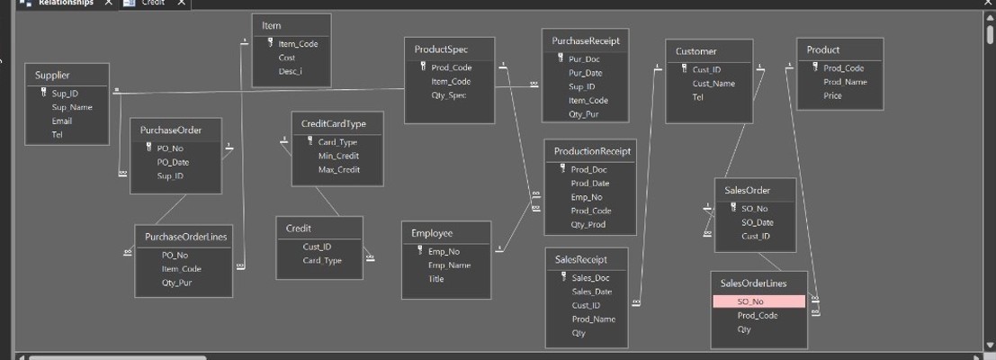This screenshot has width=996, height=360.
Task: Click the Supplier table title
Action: tap(52, 75)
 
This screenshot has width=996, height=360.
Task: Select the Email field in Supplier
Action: tap(62, 121)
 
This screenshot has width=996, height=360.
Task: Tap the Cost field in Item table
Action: tap(286, 58)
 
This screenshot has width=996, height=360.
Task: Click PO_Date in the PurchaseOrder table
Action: tap(173, 162)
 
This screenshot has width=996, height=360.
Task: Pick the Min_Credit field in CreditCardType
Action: tap(338, 156)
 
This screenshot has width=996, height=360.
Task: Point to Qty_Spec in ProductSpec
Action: tap(449, 95)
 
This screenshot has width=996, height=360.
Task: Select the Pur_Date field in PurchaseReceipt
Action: tap(586, 73)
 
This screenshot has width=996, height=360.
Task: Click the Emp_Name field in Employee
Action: tap(449, 265)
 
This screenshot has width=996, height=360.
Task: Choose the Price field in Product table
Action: tap(832, 95)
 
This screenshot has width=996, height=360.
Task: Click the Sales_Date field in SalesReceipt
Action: tap(591, 292)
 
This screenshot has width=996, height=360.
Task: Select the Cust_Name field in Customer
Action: tap(713, 84)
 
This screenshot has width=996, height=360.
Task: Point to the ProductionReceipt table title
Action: tap(592, 152)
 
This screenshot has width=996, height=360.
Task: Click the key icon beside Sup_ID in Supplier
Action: tap(43, 93)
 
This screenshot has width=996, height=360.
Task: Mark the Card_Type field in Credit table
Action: tap(322, 261)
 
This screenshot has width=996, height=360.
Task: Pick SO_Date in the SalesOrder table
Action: tap(757, 222)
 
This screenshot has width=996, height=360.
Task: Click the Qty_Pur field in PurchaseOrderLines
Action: tap(176, 283)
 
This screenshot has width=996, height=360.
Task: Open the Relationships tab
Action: tap(65, 4)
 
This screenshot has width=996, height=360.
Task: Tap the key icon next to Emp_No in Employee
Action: tap(419, 251)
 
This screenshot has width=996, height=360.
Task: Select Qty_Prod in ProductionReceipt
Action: tap(588, 224)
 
